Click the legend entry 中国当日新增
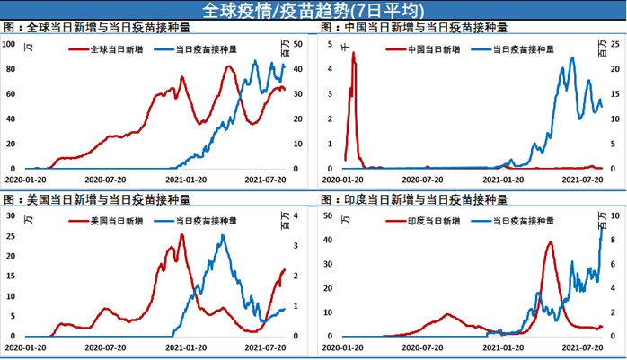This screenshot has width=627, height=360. [430, 48]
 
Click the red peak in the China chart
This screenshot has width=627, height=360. [354, 53]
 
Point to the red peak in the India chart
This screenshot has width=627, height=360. [550, 242]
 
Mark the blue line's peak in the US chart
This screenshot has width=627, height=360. [224, 236]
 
